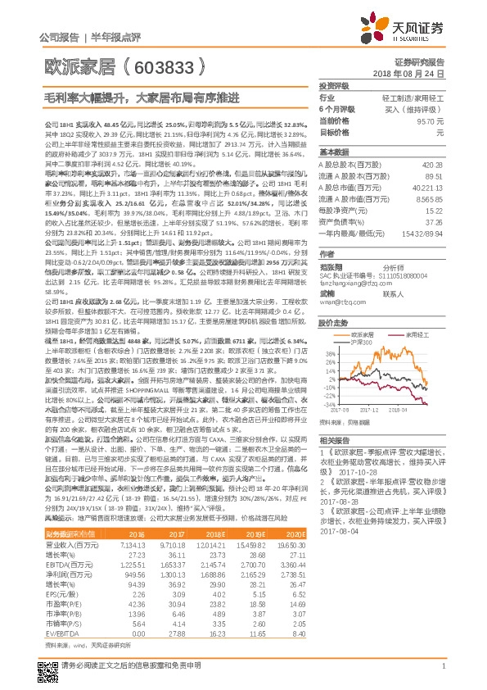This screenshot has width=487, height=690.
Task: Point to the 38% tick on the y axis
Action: pos(329,353)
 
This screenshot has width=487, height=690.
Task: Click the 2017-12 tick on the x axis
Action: pos(371,410)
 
